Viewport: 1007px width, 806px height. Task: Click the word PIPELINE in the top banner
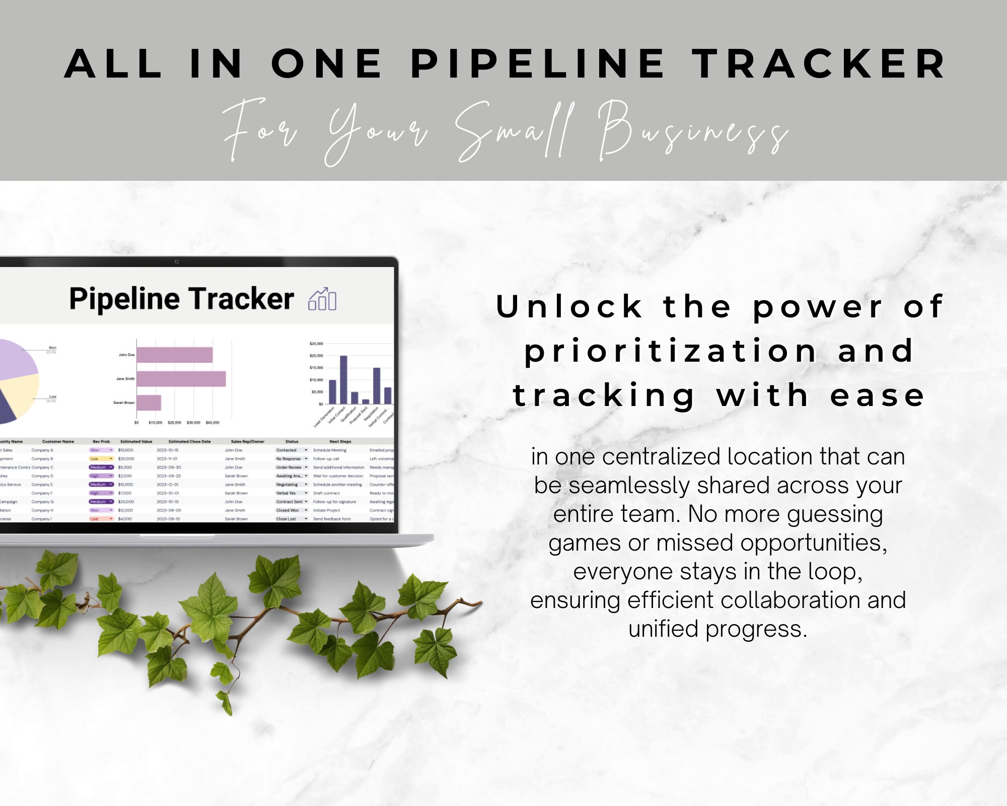coord(538,64)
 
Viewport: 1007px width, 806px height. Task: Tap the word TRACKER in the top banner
coord(819,64)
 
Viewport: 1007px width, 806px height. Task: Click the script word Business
coord(693,132)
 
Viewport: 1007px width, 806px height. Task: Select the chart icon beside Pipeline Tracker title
coord(322,299)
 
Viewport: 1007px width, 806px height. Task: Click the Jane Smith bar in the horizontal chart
coord(181,379)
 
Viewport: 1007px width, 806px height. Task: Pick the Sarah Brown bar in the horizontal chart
coord(149,402)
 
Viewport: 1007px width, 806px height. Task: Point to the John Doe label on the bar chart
coord(126,355)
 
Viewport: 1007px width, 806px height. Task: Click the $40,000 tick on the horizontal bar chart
coord(212,423)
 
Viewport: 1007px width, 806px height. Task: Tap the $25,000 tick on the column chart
coord(316,344)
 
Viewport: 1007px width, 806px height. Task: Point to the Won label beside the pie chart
coord(52,348)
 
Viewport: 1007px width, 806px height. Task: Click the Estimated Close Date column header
coord(189,442)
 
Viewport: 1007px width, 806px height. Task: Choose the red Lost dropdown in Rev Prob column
coord(101,519)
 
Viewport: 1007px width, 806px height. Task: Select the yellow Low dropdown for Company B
coord(101,459)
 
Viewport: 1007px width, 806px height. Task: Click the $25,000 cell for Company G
coord(126,502)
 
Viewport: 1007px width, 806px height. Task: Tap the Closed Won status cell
coord(289,510)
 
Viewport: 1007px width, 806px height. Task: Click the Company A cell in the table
coord(42,450)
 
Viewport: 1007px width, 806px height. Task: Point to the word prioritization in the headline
coord(670,351)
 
